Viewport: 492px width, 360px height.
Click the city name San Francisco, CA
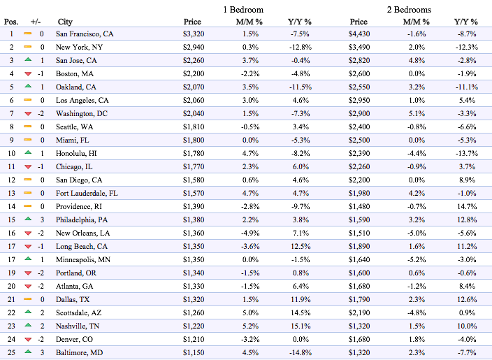coord(85,34)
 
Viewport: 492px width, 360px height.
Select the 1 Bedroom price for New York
coord(194,47)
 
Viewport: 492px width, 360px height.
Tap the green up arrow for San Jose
coord(28,59)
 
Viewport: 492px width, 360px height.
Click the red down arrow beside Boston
coord(28,74)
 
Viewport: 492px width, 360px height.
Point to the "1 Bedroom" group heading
coord(243,10)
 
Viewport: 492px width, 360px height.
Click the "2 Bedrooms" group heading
coord(409,10)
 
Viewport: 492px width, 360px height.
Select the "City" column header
coord(65,22)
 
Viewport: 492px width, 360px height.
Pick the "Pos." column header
coord(11,22)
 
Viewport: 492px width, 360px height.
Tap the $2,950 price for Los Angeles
coord(359,101)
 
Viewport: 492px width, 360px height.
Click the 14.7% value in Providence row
coord(467,206)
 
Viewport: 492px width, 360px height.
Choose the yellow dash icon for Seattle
coord(28,127)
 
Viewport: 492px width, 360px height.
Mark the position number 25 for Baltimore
coord(11,352)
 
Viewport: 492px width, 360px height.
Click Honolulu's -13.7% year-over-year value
coord(467,154)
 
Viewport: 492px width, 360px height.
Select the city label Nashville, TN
coord(78,326)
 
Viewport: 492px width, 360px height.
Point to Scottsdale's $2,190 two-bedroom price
coord(359,313)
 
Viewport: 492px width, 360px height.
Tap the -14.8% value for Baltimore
coord(301,353)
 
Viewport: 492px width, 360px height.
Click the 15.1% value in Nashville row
coord(301,326)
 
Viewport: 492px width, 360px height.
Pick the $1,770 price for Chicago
coord(194,166)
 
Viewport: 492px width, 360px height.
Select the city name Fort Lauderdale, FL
coord(87,194)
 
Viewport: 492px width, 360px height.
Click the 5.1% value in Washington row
coord(417,114)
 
